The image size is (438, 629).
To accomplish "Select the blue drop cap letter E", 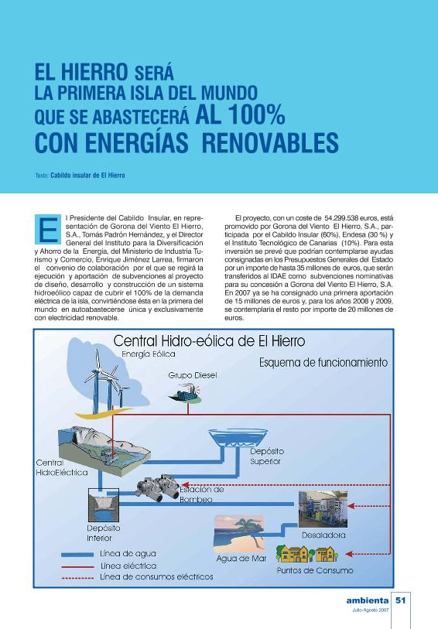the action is point(48,228).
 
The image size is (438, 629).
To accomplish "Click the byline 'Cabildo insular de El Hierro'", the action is point(87,176).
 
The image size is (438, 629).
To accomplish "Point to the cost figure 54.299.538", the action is point(349,220).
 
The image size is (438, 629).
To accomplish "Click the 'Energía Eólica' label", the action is point(148,354).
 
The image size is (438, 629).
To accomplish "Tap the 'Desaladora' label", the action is point(323,535).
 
